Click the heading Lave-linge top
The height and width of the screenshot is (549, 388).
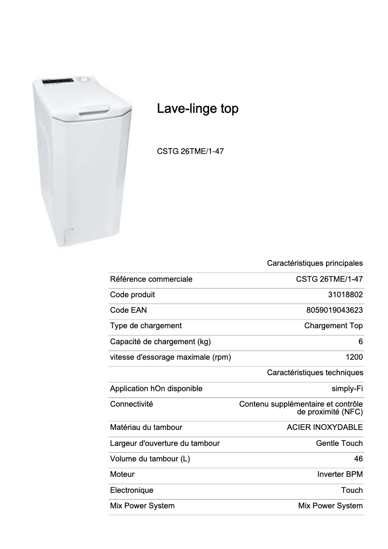(197, 109)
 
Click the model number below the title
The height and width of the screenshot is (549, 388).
(190, 152)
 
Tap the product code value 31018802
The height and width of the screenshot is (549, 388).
(345, 295)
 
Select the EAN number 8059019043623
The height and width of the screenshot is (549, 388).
(331, 310)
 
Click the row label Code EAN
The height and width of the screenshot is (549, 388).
(128, 310)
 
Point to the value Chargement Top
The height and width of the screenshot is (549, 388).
(333, 326)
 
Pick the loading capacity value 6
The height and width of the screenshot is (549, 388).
(360, 342)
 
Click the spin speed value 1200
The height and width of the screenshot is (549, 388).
(354, 358)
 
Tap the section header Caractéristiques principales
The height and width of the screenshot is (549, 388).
(315, 264)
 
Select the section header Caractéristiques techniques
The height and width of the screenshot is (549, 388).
(315, 373)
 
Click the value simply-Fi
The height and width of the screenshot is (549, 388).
(347, 389)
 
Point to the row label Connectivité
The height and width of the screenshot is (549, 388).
(132, 404)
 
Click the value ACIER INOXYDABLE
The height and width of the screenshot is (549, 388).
(325, 427)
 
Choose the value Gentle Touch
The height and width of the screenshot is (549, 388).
(339, 443)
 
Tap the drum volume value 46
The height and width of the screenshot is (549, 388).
(358, 459)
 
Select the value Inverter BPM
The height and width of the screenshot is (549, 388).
(340, 474)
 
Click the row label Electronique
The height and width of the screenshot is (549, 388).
(132, 490)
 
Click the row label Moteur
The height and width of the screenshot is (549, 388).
(122, 474)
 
